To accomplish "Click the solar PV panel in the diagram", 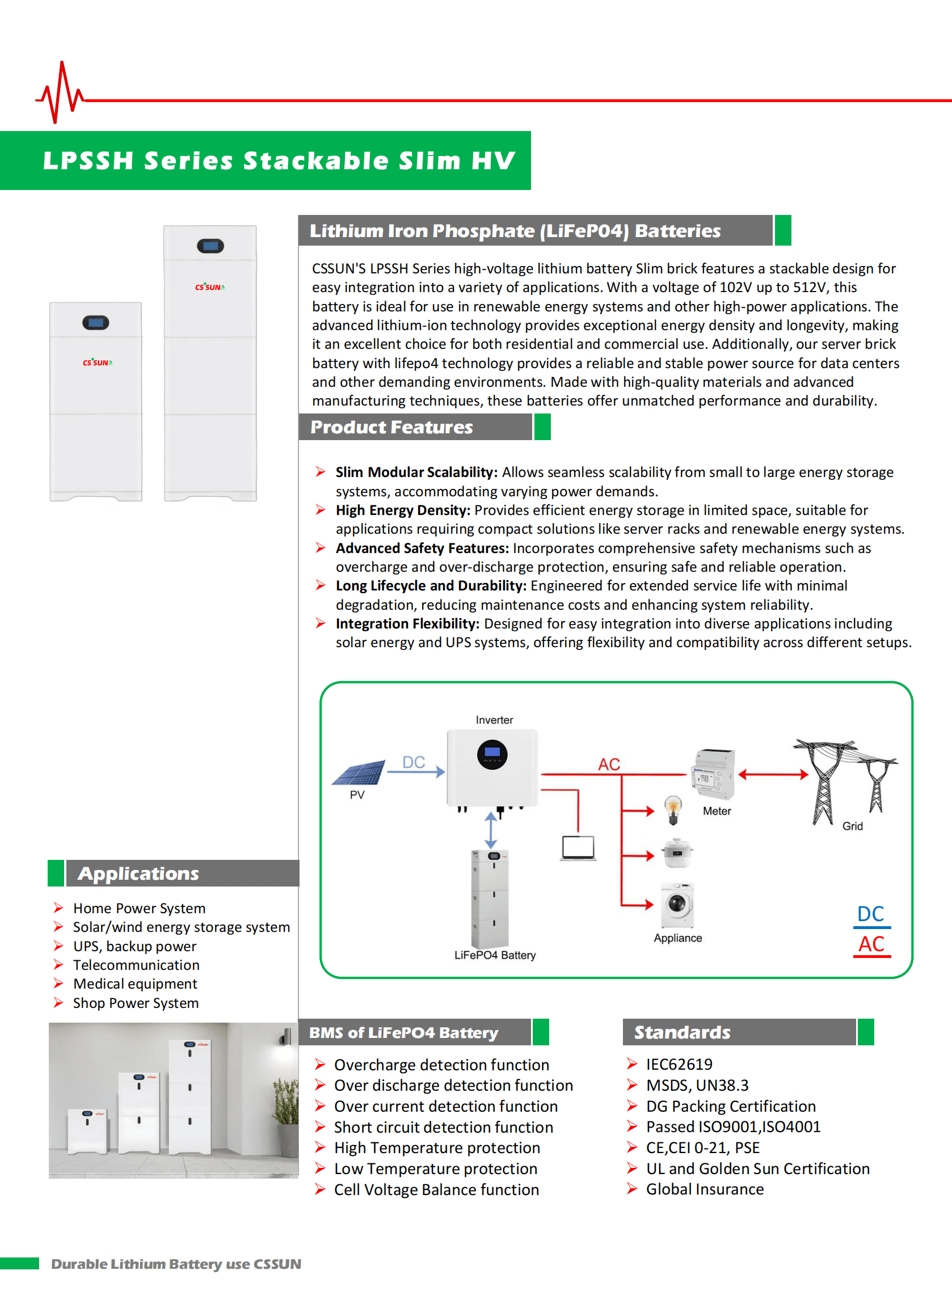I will (360, 773).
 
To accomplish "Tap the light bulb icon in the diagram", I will (672, 809).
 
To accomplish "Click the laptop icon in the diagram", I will (578, 848).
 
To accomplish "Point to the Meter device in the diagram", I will (713, 774).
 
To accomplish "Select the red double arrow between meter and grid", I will (773, 775).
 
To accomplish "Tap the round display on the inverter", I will (492, 754).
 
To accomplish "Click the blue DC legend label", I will (871, 914).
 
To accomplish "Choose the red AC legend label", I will (871, 944).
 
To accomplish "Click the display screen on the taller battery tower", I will (210, 246).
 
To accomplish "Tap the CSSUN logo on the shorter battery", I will (97, 362).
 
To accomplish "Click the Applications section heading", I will (139, 873).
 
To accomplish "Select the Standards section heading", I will (683, 1032).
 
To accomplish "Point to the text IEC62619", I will (679, 1064).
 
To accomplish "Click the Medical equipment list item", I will (135, 984).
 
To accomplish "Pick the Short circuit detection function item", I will (443, 1126).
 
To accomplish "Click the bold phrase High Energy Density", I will (403, 510).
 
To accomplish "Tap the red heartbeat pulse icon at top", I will (60, 94).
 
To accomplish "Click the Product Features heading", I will (391, 427).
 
